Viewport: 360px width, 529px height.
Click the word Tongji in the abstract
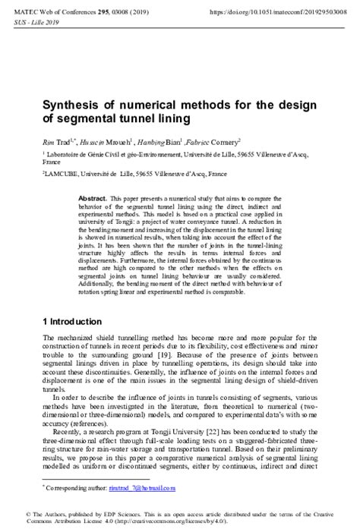[113, 222]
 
